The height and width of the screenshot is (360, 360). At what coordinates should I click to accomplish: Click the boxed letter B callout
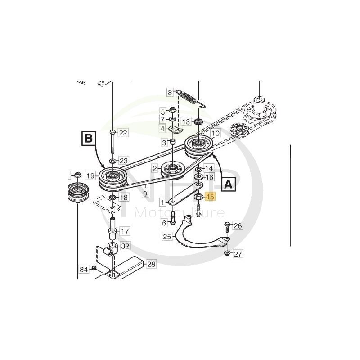tap(89, 139)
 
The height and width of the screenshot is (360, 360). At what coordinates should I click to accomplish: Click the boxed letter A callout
tap(228, 184)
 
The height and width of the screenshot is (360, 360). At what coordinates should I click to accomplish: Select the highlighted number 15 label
tap(210, 197)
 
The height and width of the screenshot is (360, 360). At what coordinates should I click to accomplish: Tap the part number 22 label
tap(123, 133)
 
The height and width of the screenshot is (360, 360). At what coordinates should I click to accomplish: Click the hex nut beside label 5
tap(172, 110)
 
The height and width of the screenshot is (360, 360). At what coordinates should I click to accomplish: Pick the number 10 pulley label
tap(216, 133)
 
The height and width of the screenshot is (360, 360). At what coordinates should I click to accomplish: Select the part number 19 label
tap(91, 176)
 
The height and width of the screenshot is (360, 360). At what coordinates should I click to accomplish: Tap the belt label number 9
tap(145, 193)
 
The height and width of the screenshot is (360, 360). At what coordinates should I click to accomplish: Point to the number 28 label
tap(151, 264)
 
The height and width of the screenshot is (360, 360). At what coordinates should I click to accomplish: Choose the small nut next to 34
tap(94, 268)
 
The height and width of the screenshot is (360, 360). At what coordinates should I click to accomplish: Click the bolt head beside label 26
tap(227, 224)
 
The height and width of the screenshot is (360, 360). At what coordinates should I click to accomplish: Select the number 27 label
tap(238, 254)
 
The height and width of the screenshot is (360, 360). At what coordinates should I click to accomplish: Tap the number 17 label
tap(125, 231)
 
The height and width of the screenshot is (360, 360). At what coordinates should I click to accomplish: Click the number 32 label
tap(125, 246)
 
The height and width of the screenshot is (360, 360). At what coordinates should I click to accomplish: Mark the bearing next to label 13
tap(198, 121)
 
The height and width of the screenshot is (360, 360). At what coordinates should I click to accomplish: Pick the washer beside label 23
tap(113, 161)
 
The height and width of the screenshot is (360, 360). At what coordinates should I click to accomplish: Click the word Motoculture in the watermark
tap(179, 213)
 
